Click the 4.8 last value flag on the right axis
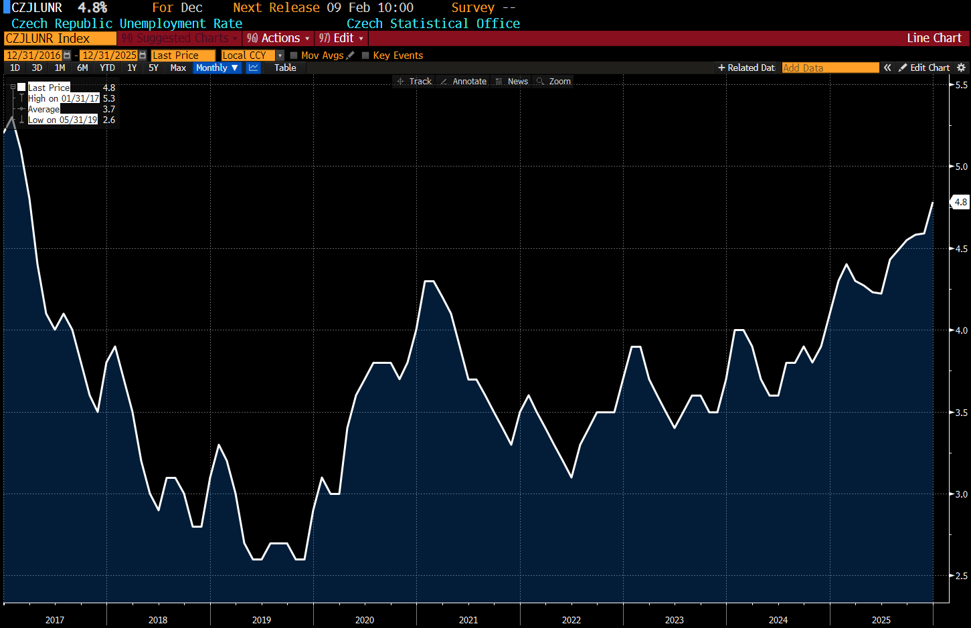pyautogui.click(x=960, y=202)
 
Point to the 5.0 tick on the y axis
pyautogui.click(x=961, y=167)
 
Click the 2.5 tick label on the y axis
pyautogui.click(x=961, y=576)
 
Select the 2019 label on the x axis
pyautogui.click(x=261, y=620)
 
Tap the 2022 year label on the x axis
pyautogui.click(x=571, y=620)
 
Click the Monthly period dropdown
pyautogui.click(x=216, y=68)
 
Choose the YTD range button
pyautogui.click(x=107, y=68)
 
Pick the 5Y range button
pyautogui.click(x=153, y=68)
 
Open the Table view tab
pyautogui.click(x=285, y=68)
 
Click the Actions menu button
pyautogui.click(x=278, y=38)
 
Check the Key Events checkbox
pyautogui.click(x=365, y=56)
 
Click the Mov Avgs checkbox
pyautogui.click(x=294, y=56)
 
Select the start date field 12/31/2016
pyautogui.click(x=34, y=56)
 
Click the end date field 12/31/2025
pyautogui.click(x=110, y=56)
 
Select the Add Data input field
pyautogui.click(x=830, y=68)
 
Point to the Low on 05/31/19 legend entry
pyautogui.click(x=62, y=120)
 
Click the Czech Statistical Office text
pyautogui.click(x=433, y=23)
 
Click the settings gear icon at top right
pyautogui.click(x=962, y=68)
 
